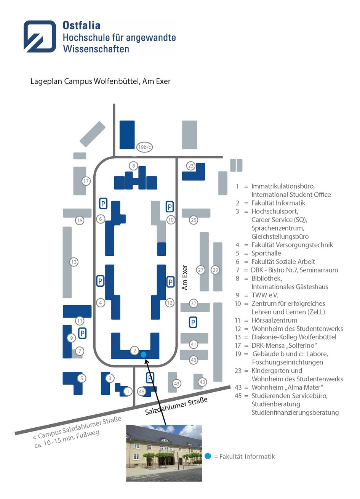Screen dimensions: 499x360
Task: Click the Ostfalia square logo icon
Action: (x=40, y=36)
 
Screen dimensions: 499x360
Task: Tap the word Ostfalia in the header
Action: (x=82, y=26)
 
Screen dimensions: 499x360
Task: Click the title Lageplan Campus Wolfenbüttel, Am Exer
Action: (x=100, y=81)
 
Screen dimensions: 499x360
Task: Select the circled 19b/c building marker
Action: (x=145, y=147)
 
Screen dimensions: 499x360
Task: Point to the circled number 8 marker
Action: (x=133, y=166)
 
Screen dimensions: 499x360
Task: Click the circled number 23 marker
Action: (x=190, y=166)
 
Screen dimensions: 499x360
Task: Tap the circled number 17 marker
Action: (x=86, y=181)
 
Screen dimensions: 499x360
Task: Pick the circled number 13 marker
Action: (x=74, y=262)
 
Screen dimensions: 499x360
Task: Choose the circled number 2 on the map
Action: (x=134, y=350)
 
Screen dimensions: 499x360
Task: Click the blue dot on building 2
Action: (x=144, y=355)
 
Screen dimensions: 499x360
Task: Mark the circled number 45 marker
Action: (x=142, y=391)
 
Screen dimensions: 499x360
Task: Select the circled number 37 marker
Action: (x=194, y=303)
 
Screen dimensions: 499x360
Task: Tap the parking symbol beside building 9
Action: (x=82, y=334)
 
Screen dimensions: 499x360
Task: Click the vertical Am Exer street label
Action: (x=185, y=278)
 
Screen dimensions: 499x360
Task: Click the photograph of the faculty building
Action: (x=164, y=453)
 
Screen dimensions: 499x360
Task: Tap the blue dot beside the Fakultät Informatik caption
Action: (x=208, y=456)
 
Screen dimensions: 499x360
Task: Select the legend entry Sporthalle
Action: (x=266, y=253)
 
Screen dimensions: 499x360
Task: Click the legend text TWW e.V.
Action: (x=264, y=295)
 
